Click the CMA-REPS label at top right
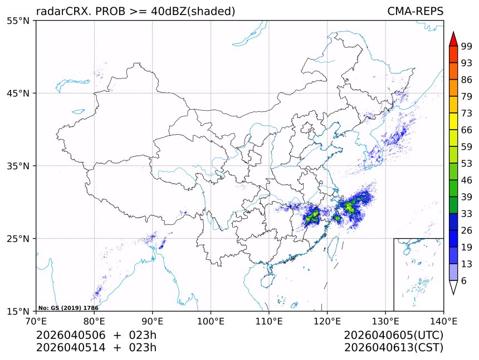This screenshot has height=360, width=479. click(415, 11)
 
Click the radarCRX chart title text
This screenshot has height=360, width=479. click(135, 11)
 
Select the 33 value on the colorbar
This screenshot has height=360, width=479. click(467, 214)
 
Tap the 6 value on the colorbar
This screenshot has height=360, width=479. click(464, 281)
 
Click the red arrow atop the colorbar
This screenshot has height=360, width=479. click(453, 39)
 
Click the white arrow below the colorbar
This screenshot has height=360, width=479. click(453, 287)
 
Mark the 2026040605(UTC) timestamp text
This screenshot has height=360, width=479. click(393, 336)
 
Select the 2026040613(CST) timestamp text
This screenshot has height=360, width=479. click(393, 348)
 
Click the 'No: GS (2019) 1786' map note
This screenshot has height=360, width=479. click(68, 308)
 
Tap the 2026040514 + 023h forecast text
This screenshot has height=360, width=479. click(96, 348)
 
